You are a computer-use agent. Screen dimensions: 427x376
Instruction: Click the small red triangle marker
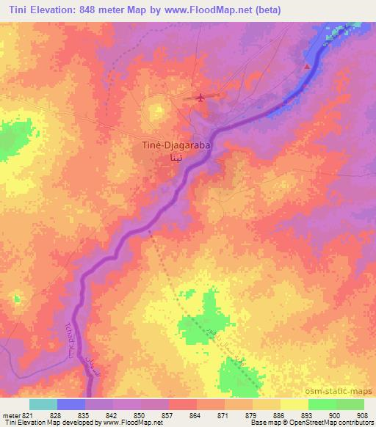307,67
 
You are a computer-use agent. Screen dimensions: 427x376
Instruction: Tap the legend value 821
28,415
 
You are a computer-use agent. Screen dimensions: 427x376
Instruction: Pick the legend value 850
130,415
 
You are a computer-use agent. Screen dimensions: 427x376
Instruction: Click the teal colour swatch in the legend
43,404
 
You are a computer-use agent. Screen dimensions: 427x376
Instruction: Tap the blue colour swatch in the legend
71,404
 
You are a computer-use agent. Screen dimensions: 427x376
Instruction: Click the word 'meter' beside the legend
10,415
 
